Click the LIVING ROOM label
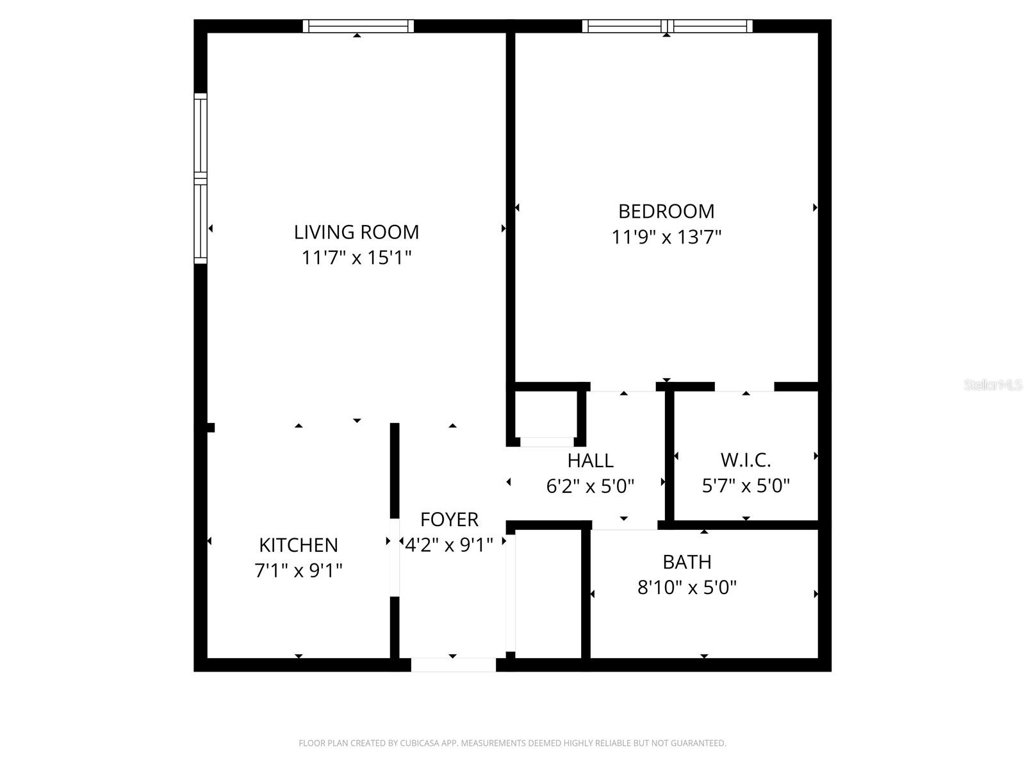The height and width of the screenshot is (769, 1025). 356,231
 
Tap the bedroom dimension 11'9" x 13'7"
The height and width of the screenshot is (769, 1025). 666,237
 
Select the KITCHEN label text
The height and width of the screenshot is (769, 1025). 298,545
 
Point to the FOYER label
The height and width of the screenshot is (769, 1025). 449,519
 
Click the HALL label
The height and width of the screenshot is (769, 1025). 590,460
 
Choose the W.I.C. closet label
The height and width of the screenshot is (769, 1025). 746,460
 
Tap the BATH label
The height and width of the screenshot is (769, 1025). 687,562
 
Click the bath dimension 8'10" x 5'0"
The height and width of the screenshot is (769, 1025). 687,587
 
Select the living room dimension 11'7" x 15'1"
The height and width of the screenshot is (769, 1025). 356,258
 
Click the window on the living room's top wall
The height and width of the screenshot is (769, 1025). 358,26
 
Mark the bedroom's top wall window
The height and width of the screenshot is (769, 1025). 667,26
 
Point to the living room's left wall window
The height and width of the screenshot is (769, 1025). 201,178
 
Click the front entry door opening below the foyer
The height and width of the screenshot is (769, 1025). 453,665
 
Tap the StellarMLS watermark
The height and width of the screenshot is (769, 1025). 992,385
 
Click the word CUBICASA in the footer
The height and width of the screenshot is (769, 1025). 420,743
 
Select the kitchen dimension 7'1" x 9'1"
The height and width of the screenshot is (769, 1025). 298,570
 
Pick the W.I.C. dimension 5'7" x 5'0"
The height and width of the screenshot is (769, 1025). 746,486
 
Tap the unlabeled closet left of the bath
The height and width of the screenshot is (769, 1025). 548,593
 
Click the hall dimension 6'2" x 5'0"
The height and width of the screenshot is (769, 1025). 590,486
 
